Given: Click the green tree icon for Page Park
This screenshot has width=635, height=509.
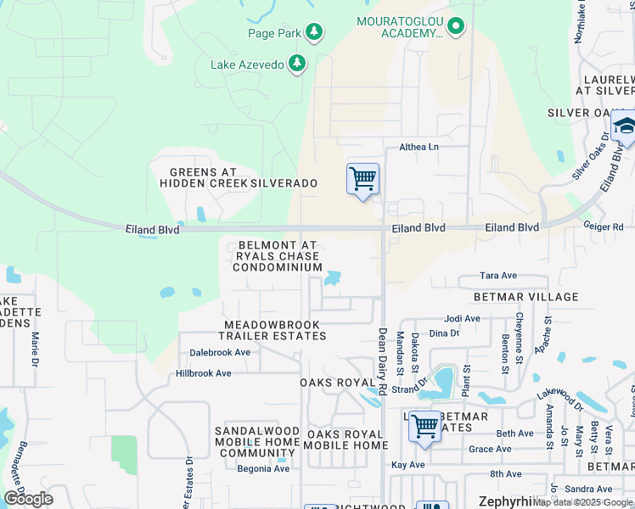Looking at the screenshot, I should coord(314,32).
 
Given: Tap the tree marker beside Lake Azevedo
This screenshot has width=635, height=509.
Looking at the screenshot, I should coord(297,64).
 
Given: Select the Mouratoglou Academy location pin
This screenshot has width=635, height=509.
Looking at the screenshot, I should coord(456,27).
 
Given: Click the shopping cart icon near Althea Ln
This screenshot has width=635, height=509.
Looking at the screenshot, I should coord(362,179).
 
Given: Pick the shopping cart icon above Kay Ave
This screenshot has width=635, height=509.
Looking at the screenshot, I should coord(424,428).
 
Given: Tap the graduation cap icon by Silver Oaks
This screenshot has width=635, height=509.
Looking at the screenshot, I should coord(625,127).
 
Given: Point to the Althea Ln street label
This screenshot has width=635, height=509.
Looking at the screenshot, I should coord(419,147).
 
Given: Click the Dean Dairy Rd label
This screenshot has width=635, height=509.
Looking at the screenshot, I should coord(383,361).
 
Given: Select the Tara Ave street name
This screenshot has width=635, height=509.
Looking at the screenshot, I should coord(498,276).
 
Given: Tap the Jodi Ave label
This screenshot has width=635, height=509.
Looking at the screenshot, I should coord(463,319).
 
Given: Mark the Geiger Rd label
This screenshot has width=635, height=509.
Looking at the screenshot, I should coord(604,227).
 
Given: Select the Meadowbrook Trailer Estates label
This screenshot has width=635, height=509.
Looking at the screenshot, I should coord(275,330).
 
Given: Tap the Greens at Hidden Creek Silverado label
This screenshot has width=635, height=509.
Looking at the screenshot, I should coord(238,177).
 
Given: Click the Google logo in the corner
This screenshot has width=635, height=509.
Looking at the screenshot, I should coord(27,499).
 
